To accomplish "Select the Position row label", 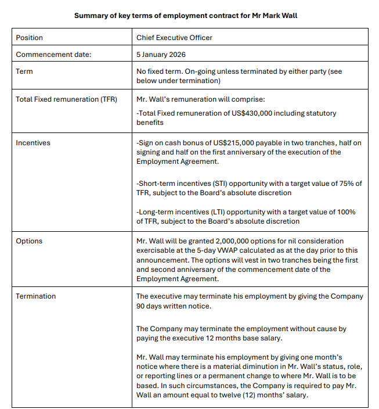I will (x=29, y=38).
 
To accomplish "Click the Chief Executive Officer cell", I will (x=174, y=38).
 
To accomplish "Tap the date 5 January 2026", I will (x=161, y=55).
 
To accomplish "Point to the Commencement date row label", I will (x=53, y=55).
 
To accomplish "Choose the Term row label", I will (x=24, y=71).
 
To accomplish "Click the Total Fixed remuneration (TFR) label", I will (x=66, y=99).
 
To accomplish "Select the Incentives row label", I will (x=33, y=142).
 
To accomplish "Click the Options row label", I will (x=29, y=241).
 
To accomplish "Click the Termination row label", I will (x=36, y=296).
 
